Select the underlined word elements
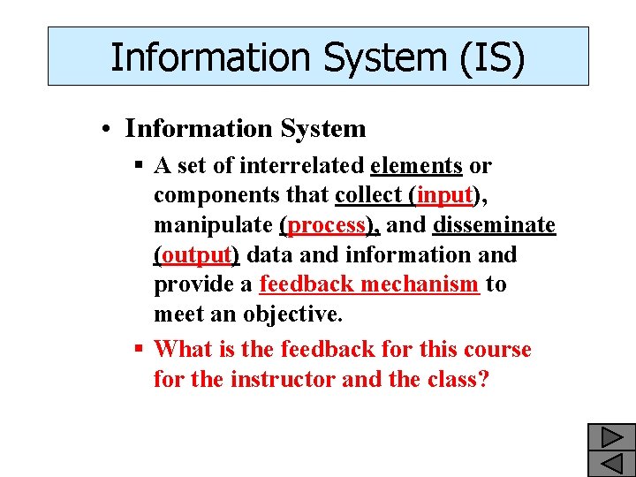417,165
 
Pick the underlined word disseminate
494,225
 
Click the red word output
196,255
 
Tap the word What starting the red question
185,350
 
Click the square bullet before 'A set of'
139,166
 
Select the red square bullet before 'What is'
139,350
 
